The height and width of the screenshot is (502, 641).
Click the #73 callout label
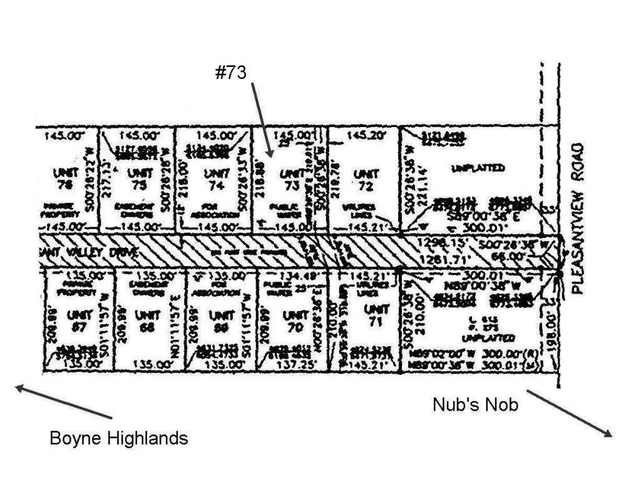coord(230,73)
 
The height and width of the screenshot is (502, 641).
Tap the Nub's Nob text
coord(475,405)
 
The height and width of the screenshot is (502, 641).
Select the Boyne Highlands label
coord(119,438)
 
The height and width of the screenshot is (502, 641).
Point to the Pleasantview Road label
coord(578,218)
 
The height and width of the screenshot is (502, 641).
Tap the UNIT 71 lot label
coord(376,315)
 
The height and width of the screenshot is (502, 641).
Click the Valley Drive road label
coord(76,252)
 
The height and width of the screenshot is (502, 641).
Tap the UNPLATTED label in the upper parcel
coord(478,168)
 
